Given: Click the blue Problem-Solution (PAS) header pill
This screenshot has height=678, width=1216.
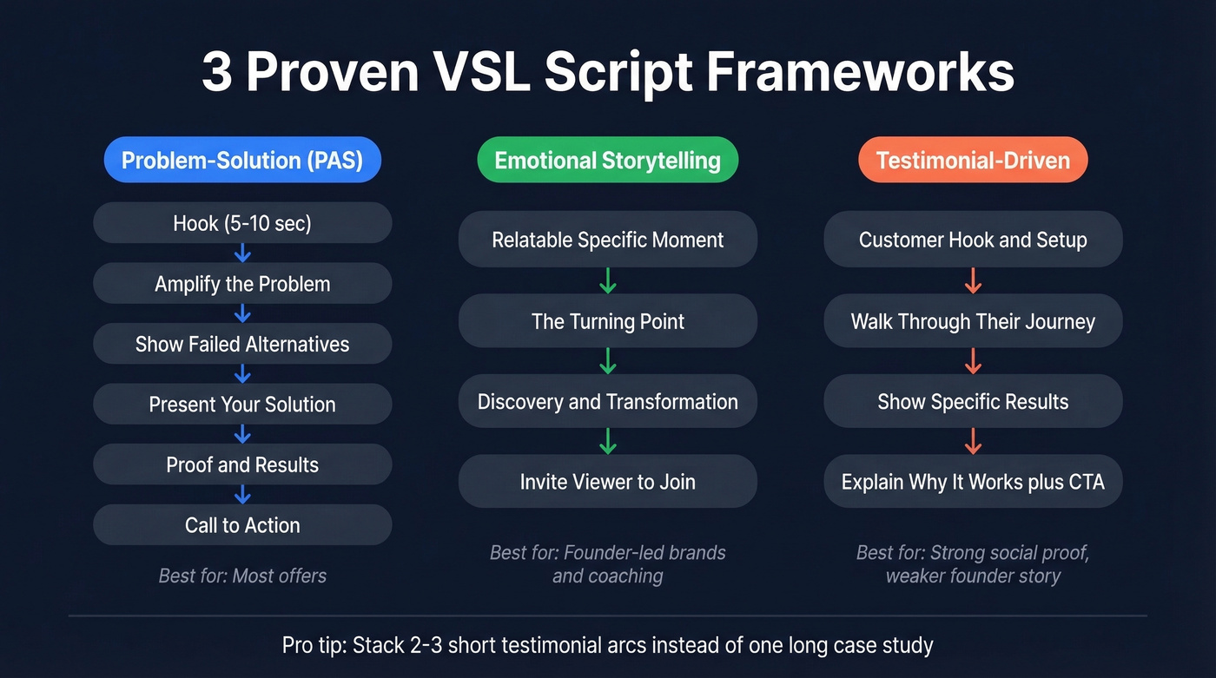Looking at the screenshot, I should pyautogui.click(x=242, y=160).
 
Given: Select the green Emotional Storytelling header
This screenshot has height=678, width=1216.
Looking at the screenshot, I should pyautogui.click(x=607, y=160).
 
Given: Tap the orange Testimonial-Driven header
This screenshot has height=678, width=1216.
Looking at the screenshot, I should pyautogui.click(x=973, y=160).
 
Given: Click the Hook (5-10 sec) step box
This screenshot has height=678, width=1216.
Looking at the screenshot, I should pyautogui.click(x=242, y=223).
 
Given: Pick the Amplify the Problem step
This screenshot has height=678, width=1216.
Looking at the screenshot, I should pyautogui.click(x=242, y=284).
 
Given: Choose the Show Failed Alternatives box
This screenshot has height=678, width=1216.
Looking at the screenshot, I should pyautogui.click(x=242, y=344).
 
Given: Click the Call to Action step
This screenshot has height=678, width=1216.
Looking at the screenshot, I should pyautogui.click(x=242, y=525).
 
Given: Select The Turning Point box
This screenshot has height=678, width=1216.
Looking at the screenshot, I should pyautogui.click(x=607, y=321).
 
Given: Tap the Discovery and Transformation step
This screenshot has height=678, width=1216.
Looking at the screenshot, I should pyautogui.click(x=607, y=402).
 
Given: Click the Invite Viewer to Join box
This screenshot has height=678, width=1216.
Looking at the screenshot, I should pyautogui.click(x=607, y=482).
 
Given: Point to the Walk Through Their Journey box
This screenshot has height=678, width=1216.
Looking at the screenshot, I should pyautogui.click(x=973, y=321).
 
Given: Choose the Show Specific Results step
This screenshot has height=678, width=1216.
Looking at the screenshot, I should pyautogui.click(x=973, y=402).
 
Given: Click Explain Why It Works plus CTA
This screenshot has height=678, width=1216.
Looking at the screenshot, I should pyautogui.click(x=973, y=482).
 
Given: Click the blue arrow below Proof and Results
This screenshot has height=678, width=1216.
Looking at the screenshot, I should pyautogui.click(x=242, y=495).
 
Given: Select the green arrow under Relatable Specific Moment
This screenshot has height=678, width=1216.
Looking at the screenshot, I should pyautogui.click(x=607, y=280).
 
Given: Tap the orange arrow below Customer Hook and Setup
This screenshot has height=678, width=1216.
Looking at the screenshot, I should pyautogui.click(x=973, y=280).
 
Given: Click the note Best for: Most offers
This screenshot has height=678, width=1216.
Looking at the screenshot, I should pyautogui.click(x=242, y=576).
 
